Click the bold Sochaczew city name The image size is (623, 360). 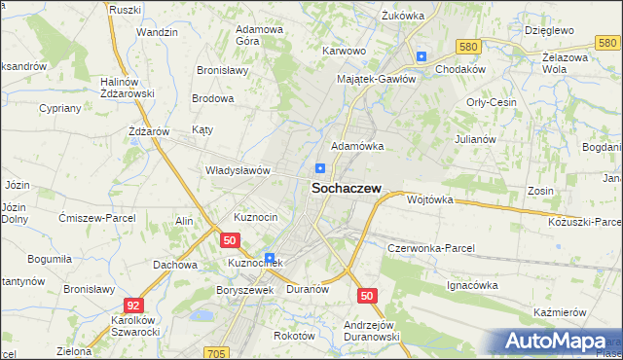[346, 191]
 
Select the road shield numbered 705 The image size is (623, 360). [218, 353]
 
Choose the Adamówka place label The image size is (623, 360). [357, 146]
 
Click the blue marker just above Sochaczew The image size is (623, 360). [319, 168]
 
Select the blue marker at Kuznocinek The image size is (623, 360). [269, 257]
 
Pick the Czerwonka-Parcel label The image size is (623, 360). [430, 248]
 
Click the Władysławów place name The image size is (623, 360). [237, 170]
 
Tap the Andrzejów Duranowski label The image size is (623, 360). [372, 331]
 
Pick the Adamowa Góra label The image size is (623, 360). [260, 35]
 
